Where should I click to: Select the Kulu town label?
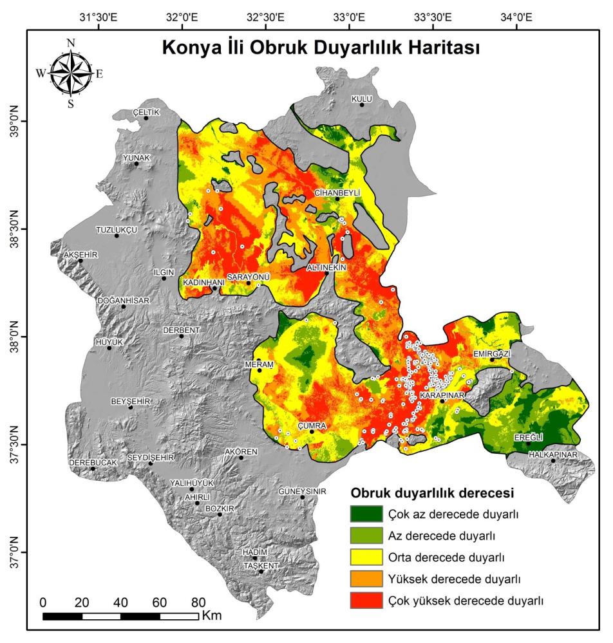(361, 98)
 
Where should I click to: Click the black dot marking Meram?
(259, 370)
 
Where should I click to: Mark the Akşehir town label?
(80, 254)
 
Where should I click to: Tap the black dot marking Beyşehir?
(131, 407)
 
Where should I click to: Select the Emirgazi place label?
(491, 353)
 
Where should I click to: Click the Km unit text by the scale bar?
(211, 616)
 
